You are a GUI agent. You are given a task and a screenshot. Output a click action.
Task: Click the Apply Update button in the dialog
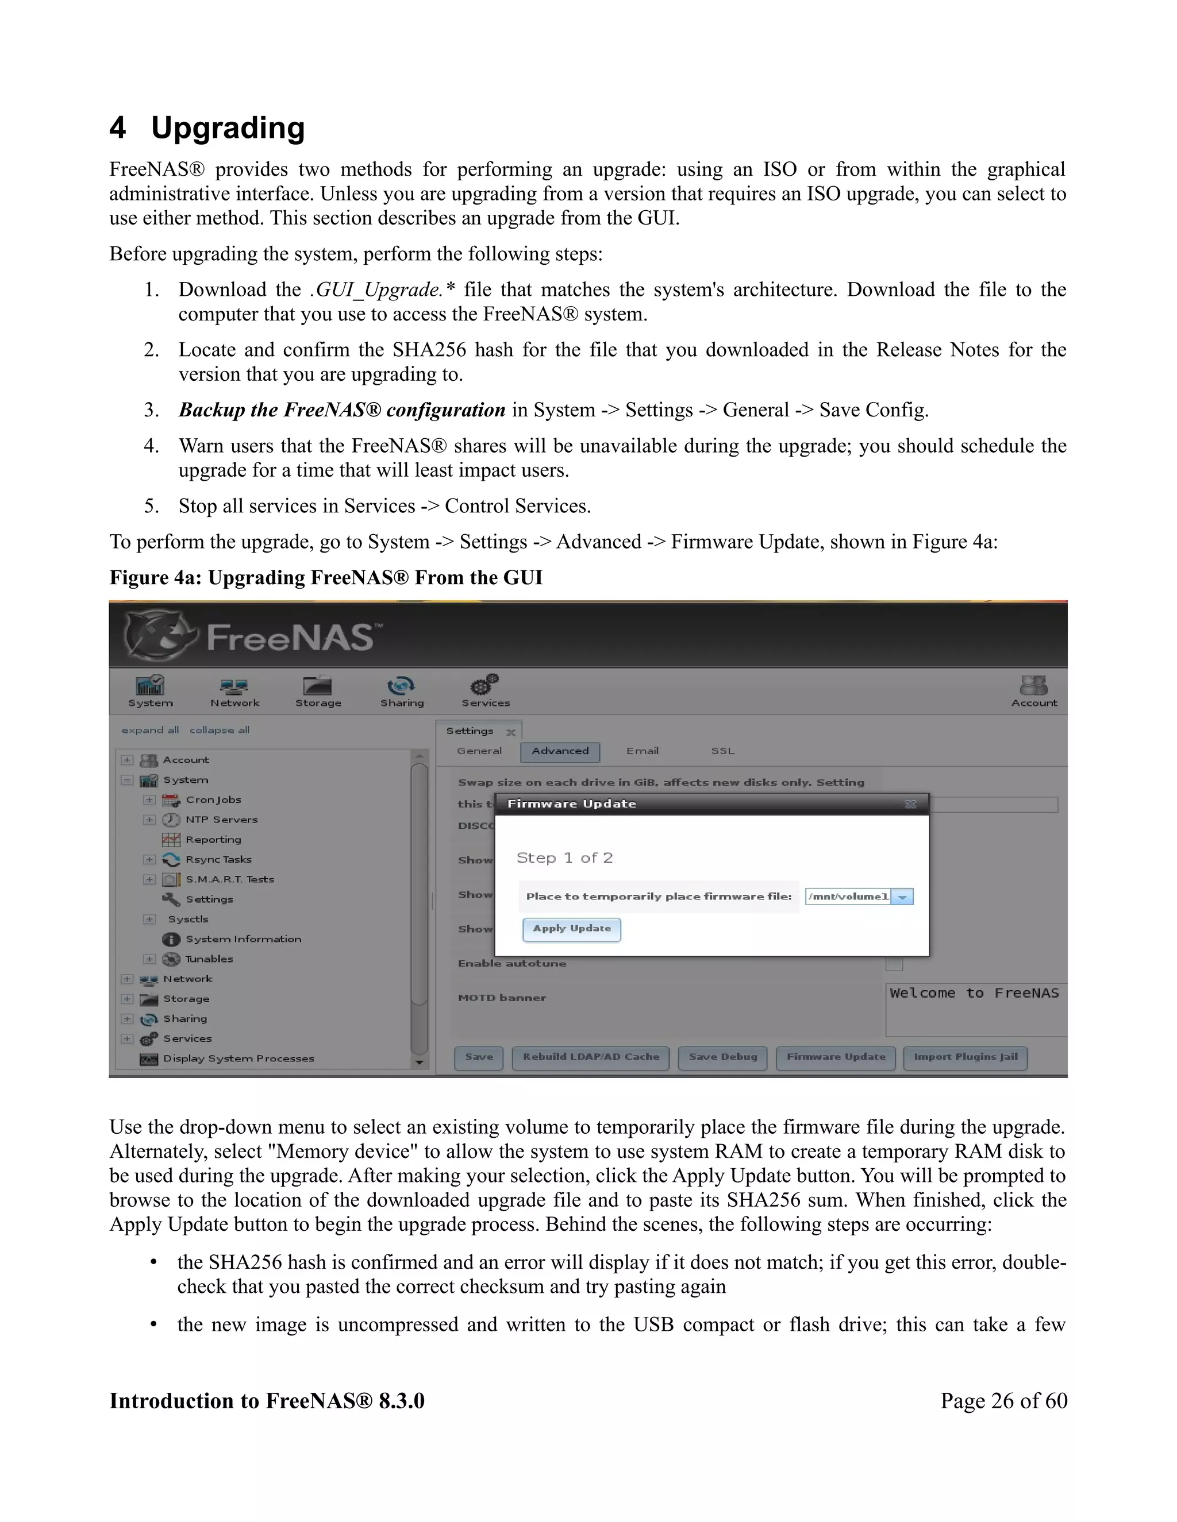[571, 929]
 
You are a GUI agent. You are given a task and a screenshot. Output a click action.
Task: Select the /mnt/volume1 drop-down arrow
[902, 897]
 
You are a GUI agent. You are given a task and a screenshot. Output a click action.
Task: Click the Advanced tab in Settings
[560, 751]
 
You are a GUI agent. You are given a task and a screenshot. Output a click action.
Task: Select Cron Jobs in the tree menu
[213, 799]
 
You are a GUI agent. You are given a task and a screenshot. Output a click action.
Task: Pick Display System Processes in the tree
[239, 1058]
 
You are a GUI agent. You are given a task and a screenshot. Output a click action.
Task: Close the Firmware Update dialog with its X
[910, 804]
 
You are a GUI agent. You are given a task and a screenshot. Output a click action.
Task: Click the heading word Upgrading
[228, 128]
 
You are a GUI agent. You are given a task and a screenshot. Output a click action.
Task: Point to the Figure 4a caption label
[326, 578]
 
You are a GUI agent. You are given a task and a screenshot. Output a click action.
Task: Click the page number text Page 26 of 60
[1003, 1401]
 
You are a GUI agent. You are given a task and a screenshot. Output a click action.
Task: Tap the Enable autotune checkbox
[894, 964]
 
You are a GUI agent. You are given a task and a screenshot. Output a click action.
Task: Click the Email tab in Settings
[642, 751]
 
